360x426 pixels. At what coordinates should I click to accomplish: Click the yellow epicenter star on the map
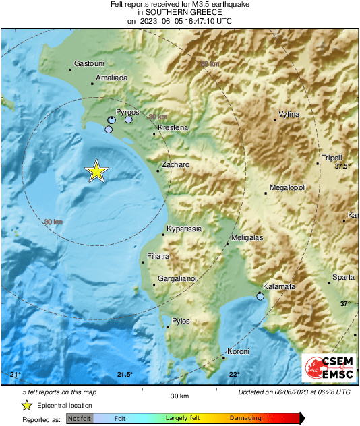96,171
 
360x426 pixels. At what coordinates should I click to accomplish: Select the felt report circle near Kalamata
260,297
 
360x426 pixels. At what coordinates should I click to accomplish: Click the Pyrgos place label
127,111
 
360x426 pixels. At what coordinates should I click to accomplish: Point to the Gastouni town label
88,63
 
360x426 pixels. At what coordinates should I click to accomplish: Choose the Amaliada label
112,78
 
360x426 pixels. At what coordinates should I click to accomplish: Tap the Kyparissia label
184,229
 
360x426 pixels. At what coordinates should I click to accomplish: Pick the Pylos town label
181,321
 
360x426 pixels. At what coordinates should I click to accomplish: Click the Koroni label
238,351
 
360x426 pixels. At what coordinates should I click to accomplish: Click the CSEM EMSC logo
328,368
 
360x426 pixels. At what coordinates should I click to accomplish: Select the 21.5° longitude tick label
125,375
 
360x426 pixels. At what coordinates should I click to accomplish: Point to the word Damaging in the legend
245,418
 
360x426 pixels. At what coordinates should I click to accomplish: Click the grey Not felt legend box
79,419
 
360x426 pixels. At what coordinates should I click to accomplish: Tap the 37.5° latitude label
344,166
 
